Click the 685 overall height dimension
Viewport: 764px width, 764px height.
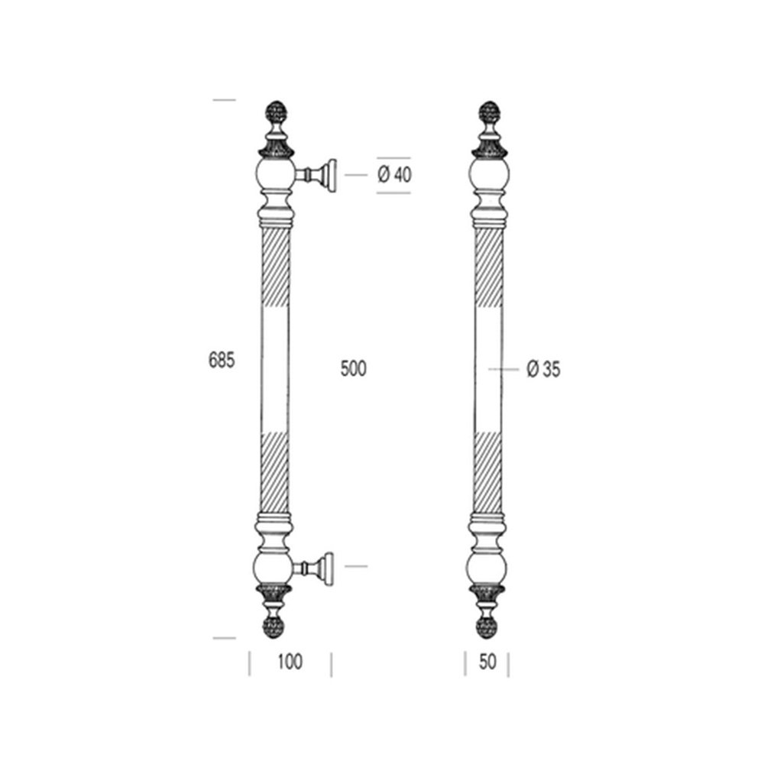click(222, 360)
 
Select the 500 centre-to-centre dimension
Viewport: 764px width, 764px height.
click(353, 368)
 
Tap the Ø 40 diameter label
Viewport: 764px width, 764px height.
click(394, 174)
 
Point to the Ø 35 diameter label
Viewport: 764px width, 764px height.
click(543, 369)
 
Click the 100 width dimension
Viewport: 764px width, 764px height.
click(290, 662)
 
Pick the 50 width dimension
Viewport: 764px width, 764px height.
click(487, 662)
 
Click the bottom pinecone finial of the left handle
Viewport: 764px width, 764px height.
click(274, 627)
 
